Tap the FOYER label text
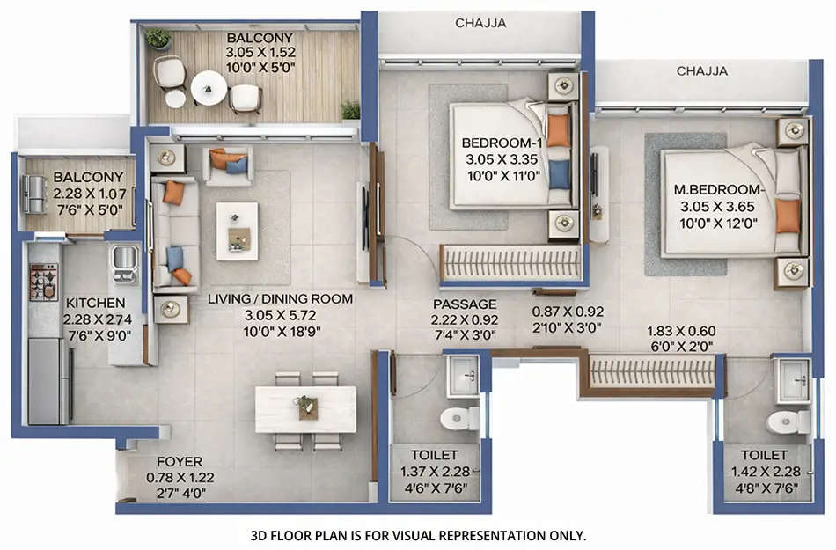click(x=180, y=462)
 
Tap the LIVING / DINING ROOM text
click(x=280, y=299)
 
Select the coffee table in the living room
click(x=238, y=231)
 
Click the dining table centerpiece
click(x=306, y=407)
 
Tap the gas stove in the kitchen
click(x=43, y=281)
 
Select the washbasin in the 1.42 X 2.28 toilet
click(x=795, y=381)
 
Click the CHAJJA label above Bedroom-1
click(x=480, y=24)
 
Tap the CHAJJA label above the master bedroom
click(x=701, y=71)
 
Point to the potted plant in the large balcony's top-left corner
click(x=158, y=38)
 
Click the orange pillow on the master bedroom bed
click(x=788, y=216)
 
